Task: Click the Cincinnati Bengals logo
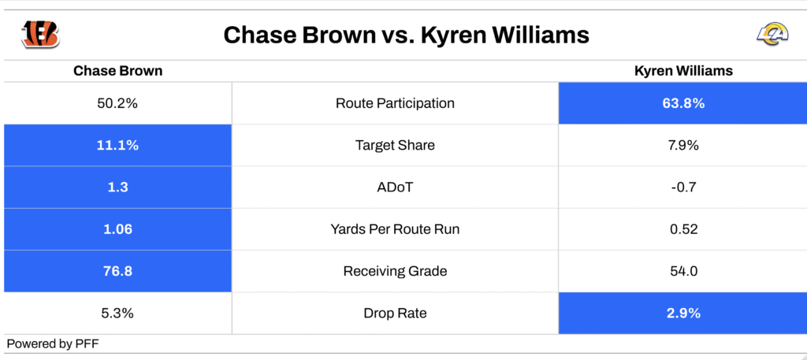(40, 35)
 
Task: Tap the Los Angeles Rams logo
(772, 35)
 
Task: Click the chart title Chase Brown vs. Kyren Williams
(406, 35)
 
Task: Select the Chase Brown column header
(118, 71)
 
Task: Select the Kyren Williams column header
(683, 71)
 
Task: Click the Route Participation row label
(395, 103)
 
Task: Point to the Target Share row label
(395, 146)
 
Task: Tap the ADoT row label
(395, 187)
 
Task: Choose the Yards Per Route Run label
(395, 229)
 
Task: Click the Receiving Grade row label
(395, 271)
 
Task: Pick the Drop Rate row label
(395, 314)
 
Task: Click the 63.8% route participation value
(683, 103)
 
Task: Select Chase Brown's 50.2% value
(118, 103)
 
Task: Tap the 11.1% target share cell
(118, 146)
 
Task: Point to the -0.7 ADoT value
(683, 187)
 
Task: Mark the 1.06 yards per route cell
(118, 229)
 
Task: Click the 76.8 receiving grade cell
(118, 271)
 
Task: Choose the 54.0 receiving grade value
(683, 271)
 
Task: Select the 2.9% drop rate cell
(683, 314)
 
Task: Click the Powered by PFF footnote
(52, 344)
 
